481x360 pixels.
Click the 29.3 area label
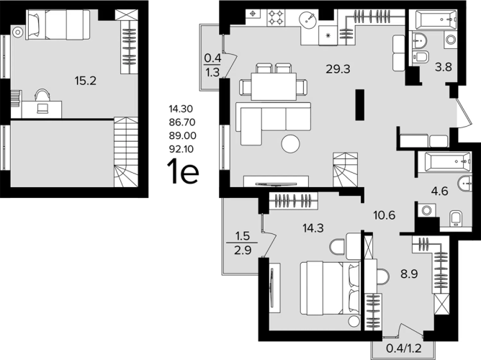pyautogui.click(x=338, y=69)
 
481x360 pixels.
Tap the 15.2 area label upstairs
pyautogui.click(x=85, y=81)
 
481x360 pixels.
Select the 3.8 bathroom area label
pyautogui.click(x=444, y=67)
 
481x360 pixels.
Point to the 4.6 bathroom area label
pyautogui.click(x=439, y=192)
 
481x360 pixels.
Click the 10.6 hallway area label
pyautogui.click(x=384, y=215)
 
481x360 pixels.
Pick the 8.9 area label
pyautogui.click(x=409, y=274)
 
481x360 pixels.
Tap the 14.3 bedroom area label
pyautogui.click(x=313, y=228)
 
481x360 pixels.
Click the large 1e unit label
pyautogui.click(x=183, y=171)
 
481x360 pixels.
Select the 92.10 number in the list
pyautogui.click(x=181, y=149)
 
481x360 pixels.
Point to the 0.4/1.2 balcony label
pyautogui.click(x=404, y=348)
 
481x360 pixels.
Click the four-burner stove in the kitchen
pyautogui.click(x=276, y=17)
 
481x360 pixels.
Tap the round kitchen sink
pyautogui.click(x=307, y=20)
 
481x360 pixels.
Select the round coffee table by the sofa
pyautogui.click(x=290, y=144)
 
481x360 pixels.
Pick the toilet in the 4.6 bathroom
pyautogui.click(x=456, y=218)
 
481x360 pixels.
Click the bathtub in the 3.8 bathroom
pyautogui.click(x=436, y=20)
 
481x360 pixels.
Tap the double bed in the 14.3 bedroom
pyautogui.click(x=330, y=288)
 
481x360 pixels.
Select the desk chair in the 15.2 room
pyautogui.click(x=42, y=102)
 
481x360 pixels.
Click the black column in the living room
pyautogui.click(x=360, y=105)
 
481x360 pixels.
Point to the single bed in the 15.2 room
pyautogui.click(x=58, y=24)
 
